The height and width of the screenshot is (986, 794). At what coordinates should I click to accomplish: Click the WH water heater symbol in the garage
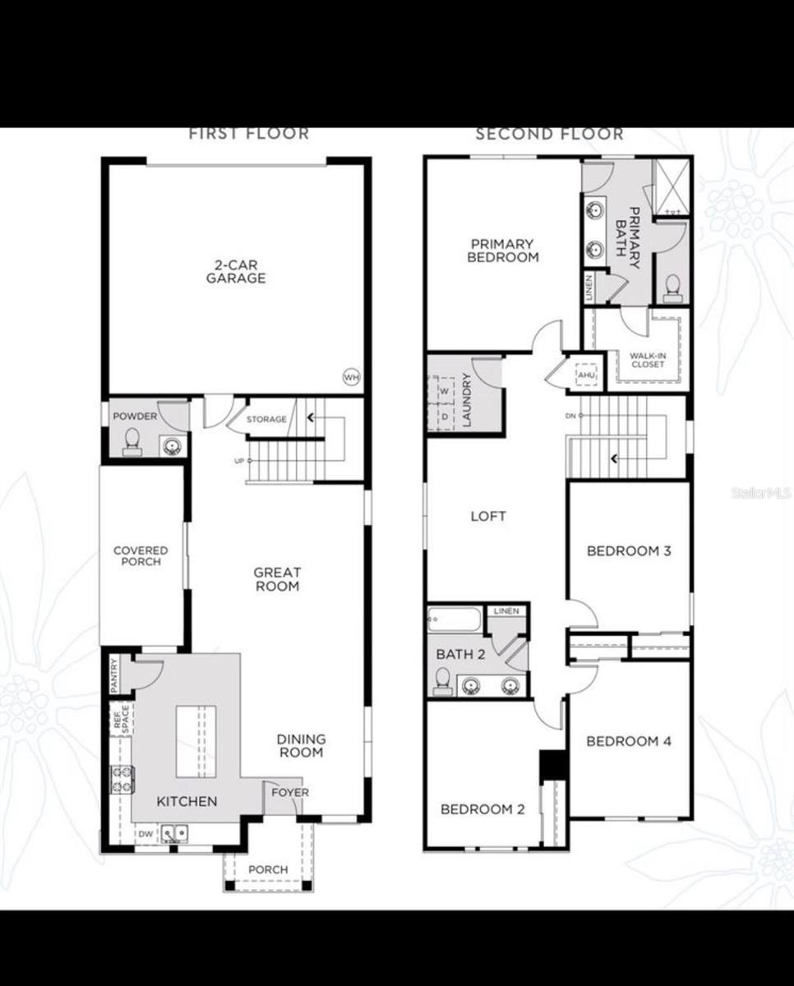pyautogui.click(x=352, y=377)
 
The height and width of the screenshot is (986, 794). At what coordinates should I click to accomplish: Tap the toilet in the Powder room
pyautogui.click(x=131, y=444)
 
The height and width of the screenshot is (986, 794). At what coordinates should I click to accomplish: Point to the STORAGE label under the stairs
pyautogui.click(x=266, y=420)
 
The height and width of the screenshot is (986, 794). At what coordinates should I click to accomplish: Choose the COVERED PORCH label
pyautogui.click(x=141, y=556)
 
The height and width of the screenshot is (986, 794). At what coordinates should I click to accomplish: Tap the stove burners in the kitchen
pyautogui.click(x=122, y=779)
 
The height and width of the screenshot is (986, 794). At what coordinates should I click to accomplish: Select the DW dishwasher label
pyautogui.click(x=145, y=835)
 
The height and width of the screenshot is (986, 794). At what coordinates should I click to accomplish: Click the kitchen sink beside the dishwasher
pyautogui.click(x=173, y=834)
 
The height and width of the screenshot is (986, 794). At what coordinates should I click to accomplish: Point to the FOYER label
pyautogui.click(x=290, y=793)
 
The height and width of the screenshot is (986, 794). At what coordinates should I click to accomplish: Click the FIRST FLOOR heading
pyautogui.click(x=248, y=134)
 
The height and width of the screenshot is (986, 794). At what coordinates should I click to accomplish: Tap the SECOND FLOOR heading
pyautogui.click(x=549, y=134)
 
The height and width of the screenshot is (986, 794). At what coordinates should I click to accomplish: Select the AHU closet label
pyautogui.click(x=586, y=375)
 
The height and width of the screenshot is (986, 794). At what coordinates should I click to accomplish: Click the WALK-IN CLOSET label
pyautogui.click(x=648, y=360)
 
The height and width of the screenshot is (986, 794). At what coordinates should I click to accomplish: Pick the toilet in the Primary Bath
pyautogui.click(x=672, y=287)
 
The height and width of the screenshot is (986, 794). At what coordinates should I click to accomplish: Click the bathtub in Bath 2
pyautogui.click(x=454, y=619)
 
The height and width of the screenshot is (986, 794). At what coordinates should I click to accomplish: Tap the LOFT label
pyautogui.click(x=488, y=517)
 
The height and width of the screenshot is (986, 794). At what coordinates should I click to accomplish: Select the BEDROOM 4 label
pyautogui.click(x=629, y=742)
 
